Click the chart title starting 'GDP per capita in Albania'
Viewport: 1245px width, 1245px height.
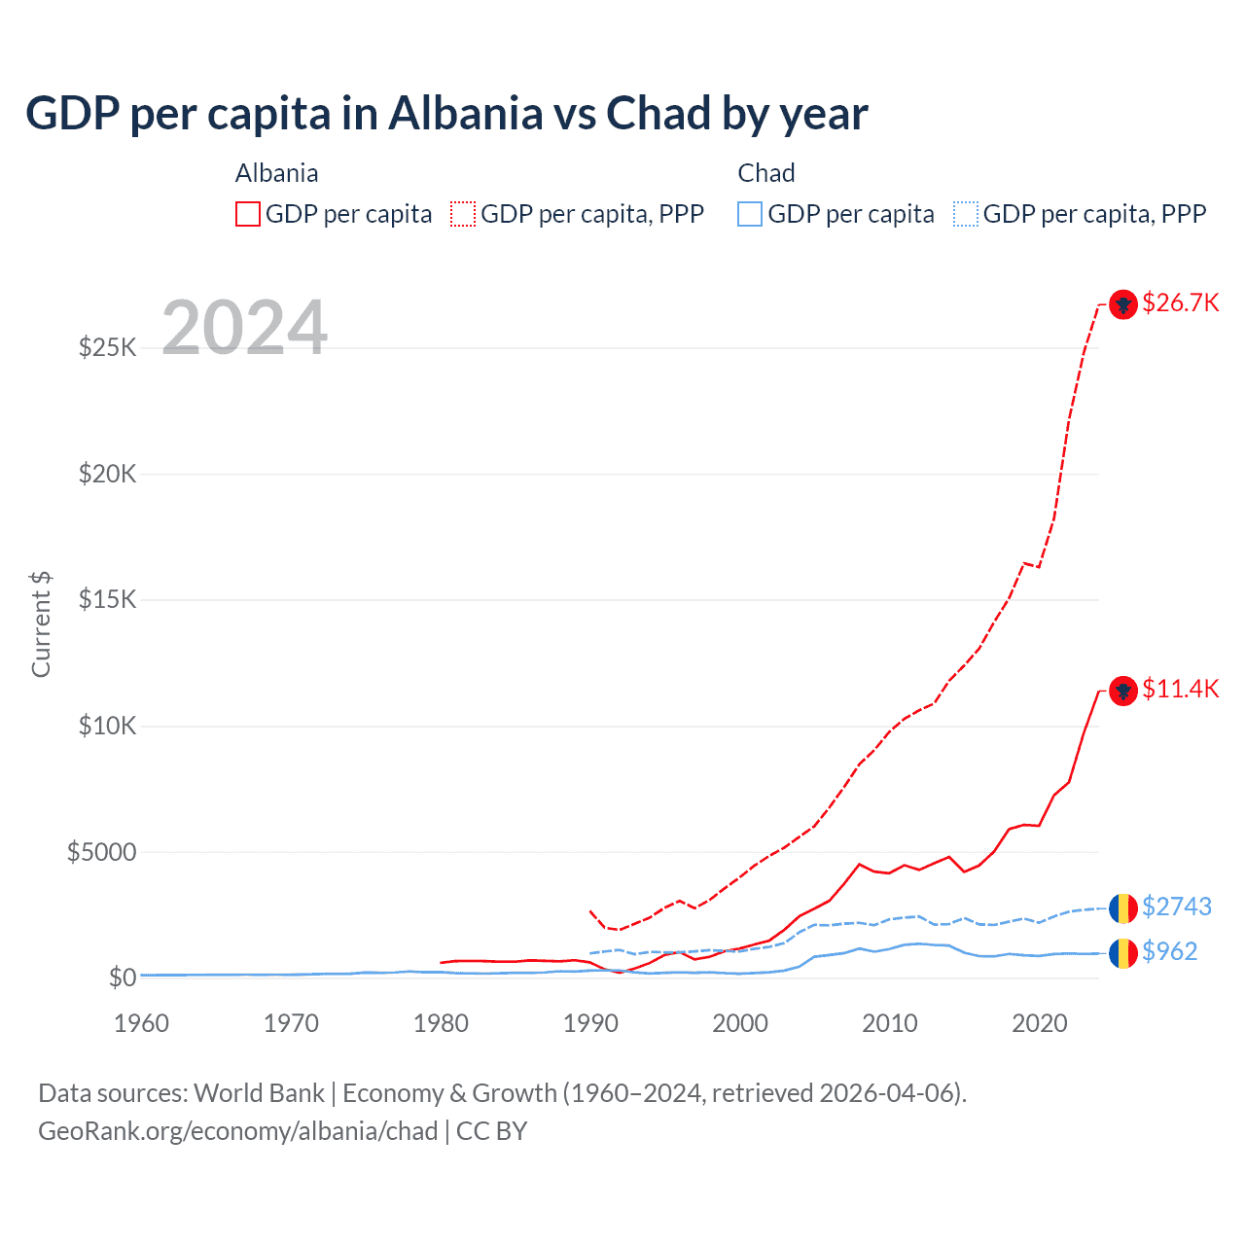pos(446,114)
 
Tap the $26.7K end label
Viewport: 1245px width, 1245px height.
pos(1180,302)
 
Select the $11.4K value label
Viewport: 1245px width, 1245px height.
pos(1180,689)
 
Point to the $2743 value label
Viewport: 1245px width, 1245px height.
pos(1176,907)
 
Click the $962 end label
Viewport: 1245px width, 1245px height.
pos(1169,951)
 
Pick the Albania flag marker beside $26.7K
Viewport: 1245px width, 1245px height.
pos(1123,304)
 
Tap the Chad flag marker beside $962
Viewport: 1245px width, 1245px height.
pos(1123,953)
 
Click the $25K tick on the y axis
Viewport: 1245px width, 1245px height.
pos(108,347)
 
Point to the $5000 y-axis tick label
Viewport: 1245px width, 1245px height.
pos(102,852)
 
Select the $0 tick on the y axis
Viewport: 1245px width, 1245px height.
pos(122,978)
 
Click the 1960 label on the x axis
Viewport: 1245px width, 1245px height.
pos(141,1023)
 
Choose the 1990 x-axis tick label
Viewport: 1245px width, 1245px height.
pos(590,1023)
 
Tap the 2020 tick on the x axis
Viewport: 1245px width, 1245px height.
pos(1039,1023)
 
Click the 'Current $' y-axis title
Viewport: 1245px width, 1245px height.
pos(41,624)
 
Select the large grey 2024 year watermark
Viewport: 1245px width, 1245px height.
pos(244,328)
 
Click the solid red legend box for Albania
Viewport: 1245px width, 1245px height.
pos(248,214)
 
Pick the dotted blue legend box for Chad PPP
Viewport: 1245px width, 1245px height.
pos(966,214)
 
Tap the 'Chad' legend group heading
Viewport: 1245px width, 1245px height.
pos(766,173)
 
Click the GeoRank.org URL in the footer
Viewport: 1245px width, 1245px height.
pos(237,1131)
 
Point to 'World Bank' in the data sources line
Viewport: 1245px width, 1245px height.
pos(259,1093)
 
